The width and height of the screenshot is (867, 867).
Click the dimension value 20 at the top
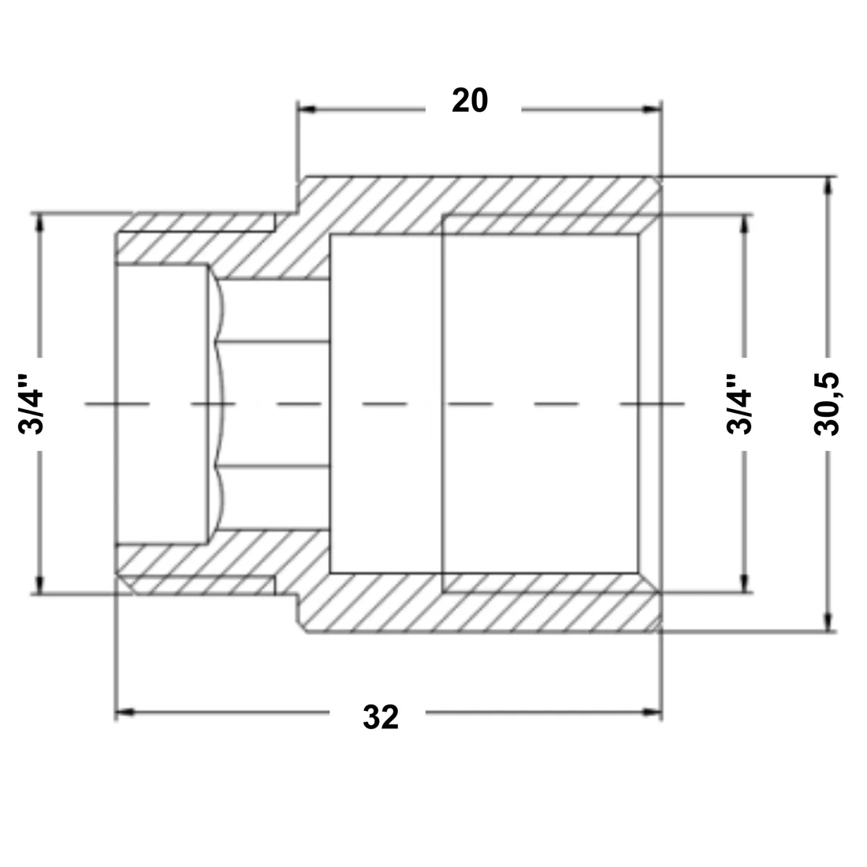click(x=470, y=101)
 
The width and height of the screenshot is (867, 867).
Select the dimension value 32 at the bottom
click(x=381, y=718)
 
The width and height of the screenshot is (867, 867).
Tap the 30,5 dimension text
click(x=827, y=404)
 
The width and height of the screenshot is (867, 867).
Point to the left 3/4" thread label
click(x=31, y=404)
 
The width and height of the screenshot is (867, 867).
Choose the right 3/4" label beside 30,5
click(x=739, y=404)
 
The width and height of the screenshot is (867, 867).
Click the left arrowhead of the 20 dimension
click(x=307, y=109)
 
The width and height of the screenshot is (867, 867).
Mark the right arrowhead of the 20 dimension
click(x=653, y=109)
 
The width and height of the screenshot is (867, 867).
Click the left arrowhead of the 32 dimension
click(x=125, y=713)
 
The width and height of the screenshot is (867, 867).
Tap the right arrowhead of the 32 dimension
click(x=653, y=713)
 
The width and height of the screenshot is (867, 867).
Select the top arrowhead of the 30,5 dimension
click(x=828, y=186)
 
